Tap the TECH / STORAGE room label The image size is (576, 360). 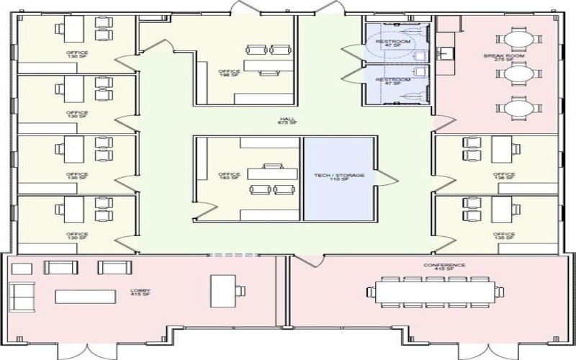[x=339, y=177]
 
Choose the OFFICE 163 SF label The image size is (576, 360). [x=228, y=177]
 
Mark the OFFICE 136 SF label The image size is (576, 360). [x=504, y=176]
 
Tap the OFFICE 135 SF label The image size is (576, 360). [x=504, y=236]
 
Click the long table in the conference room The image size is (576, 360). [x=432, y=292]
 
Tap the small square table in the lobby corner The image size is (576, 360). [x=22, y=269]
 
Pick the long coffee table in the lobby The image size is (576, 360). [x=85, y=296]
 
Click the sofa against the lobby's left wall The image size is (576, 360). [x=22, y=295]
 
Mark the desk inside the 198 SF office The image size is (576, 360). [x=262, y=66]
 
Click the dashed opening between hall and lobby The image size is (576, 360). [x=234, y=254]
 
